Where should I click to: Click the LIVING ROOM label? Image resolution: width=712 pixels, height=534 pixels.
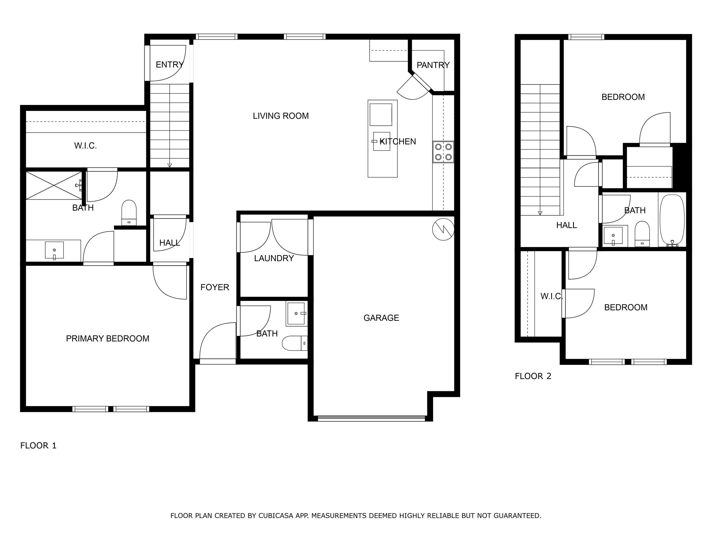coord(281,116)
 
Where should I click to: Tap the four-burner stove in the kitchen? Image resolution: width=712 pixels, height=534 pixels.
coord(443,152)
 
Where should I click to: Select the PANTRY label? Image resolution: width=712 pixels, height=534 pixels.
coord(433,65)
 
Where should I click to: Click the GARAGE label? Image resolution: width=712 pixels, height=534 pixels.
coord(381,318)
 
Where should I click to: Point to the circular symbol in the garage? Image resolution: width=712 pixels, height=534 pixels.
coord(443,229)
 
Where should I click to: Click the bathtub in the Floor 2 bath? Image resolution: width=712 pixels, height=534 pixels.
coord(672,220)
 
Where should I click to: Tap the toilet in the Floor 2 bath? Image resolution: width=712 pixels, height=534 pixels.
coord(642,234)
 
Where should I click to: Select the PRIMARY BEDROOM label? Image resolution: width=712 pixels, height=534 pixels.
coord(108,339)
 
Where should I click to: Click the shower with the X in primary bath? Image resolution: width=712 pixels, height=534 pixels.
coord(54,185)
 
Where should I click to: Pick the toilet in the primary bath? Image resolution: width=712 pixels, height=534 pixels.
coord(129,213)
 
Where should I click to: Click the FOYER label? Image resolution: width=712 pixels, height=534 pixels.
coord(215,287)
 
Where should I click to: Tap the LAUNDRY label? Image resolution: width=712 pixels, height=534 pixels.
coord(274,258)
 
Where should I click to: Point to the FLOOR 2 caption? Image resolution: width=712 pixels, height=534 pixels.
coord(533,376)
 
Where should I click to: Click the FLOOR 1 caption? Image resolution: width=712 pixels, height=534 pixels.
coord(38,446)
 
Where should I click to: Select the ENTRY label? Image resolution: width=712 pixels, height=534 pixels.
coord(169,65)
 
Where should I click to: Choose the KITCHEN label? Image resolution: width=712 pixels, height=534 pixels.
coord(398,142)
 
